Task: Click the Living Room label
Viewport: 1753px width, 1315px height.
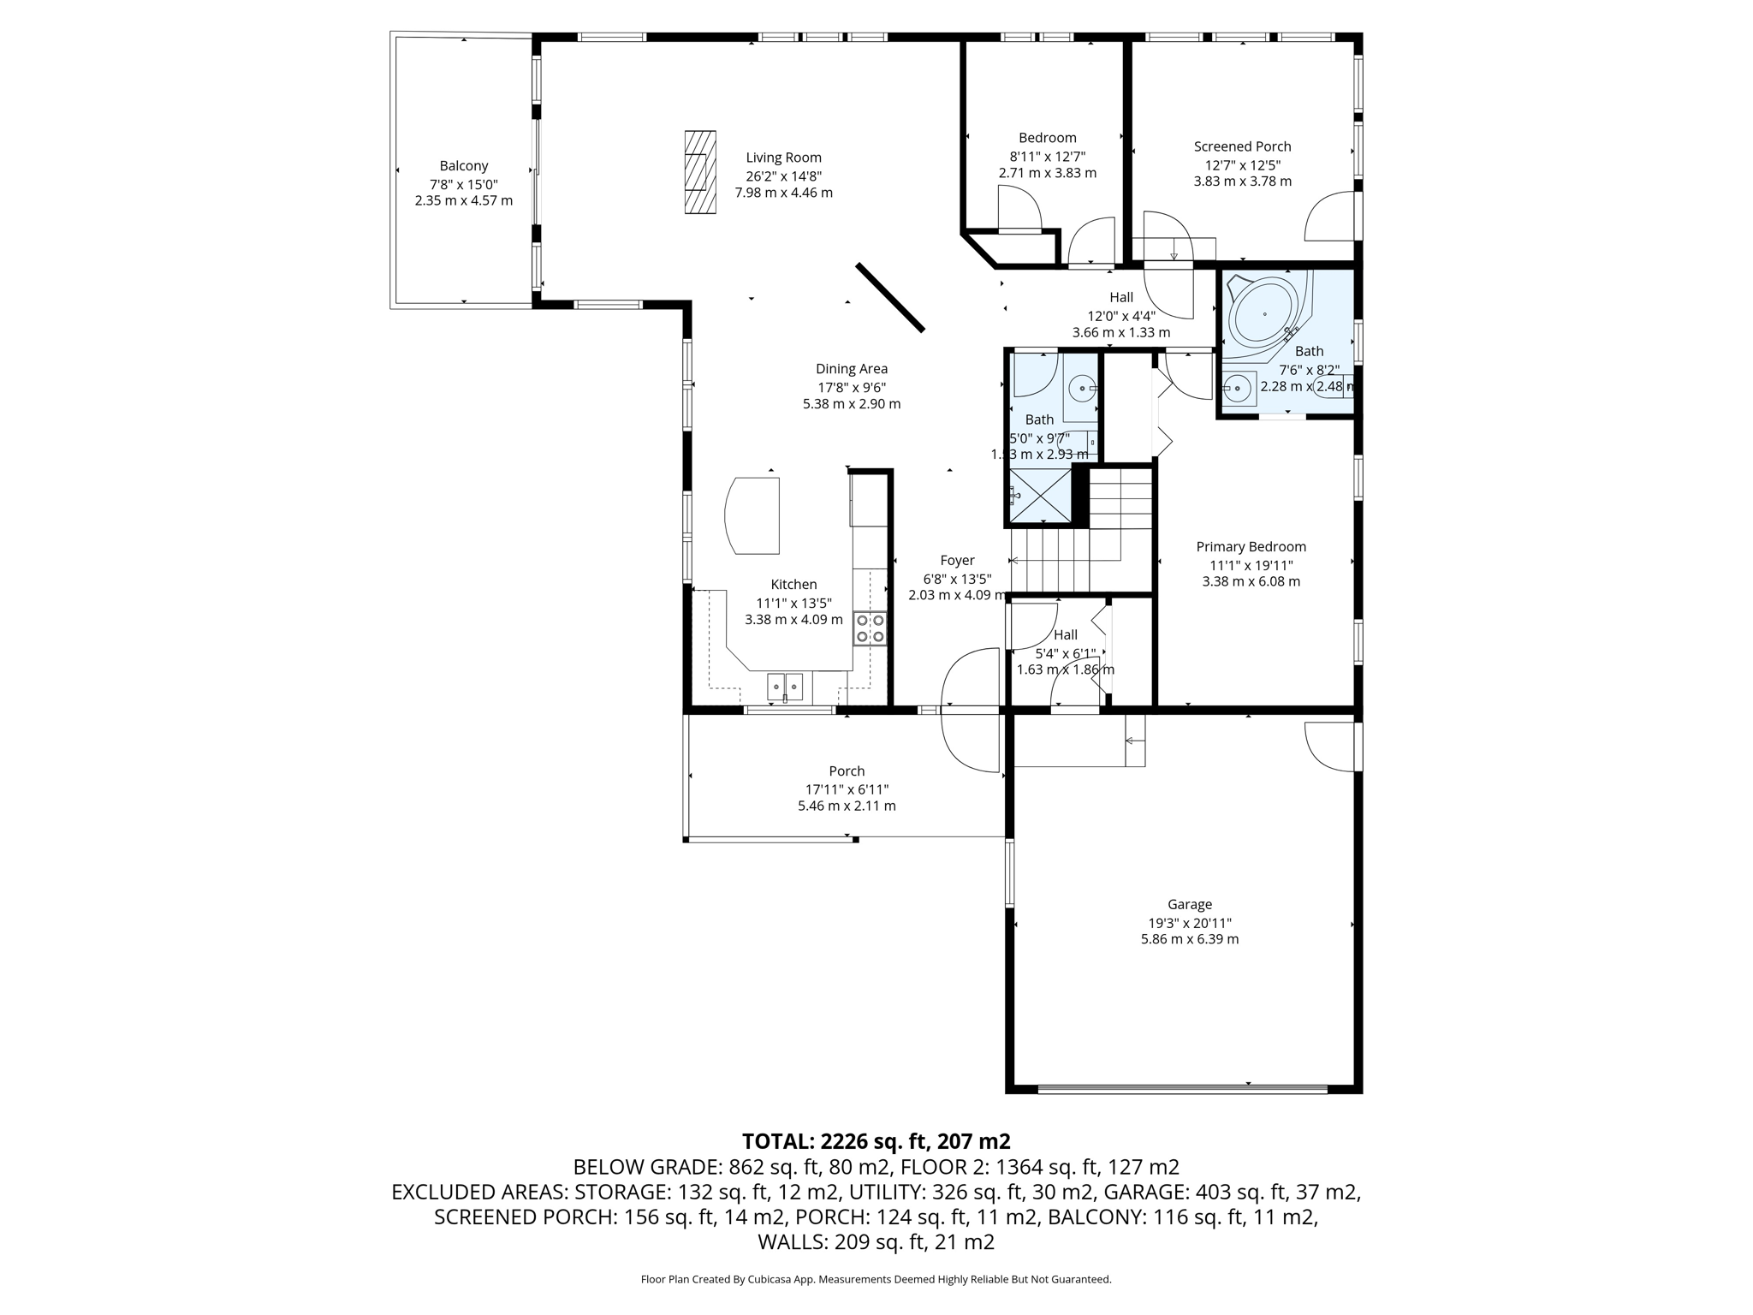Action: [783, 158]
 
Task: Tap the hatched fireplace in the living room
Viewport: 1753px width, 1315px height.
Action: [699, 172]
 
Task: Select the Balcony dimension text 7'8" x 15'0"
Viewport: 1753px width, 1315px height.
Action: [463, 184]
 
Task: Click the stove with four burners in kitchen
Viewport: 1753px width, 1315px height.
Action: [870, 628]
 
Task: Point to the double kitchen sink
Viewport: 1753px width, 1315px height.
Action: [785, 685]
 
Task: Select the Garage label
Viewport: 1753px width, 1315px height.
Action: [1189, 904]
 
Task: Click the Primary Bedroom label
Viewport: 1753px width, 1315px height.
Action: [1251, 547]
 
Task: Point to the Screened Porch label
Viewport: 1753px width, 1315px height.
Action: [1242, 146]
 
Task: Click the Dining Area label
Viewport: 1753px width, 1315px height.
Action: [851, 369]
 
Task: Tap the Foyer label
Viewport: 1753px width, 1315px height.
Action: [957, 561]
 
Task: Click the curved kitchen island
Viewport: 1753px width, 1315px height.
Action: [753, 515]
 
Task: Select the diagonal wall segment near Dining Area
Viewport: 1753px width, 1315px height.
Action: [890, 297]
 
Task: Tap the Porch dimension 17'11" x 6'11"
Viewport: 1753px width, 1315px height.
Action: [847, 789]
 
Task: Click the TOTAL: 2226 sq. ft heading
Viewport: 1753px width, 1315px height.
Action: [876, 1141]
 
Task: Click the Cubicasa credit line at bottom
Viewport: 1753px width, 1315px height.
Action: [876, 1280]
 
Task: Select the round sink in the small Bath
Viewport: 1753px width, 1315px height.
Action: [1083, 389]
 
